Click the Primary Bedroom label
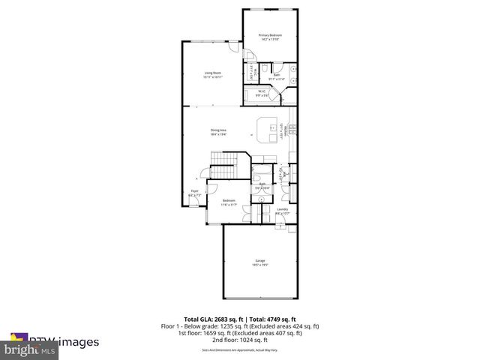pos(270,37)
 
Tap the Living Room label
pos(212,74)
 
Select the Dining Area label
pos(218,132)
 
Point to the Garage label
pos(259,262)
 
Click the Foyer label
pos(194,193)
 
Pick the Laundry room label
pos(282,211)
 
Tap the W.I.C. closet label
pos(262,94)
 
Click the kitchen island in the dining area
pos(266,129)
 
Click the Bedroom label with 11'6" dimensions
pos(229,202)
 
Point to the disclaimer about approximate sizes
pos(240,349)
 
